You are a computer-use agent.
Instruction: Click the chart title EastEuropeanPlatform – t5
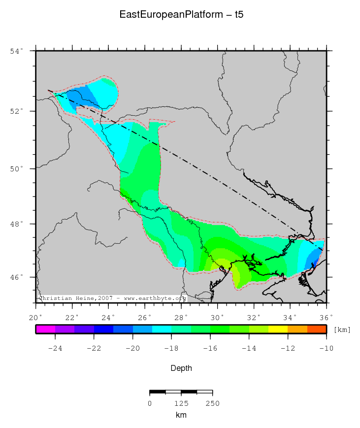pos(181,15)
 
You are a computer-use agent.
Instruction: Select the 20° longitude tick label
pos(36,317)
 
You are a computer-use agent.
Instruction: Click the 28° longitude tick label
pos(181,317)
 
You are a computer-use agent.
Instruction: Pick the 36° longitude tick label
pos(327,317)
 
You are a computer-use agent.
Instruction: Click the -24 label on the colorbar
pos(55,349)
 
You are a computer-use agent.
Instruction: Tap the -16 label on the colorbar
pos(210,349)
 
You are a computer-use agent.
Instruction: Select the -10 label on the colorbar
pos(326,349)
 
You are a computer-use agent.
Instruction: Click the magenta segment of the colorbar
pos(45,329)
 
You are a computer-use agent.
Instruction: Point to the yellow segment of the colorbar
pos(278,329)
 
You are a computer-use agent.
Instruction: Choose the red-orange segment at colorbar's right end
pos(317,329)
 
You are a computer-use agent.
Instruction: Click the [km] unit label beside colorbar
pos(342,329)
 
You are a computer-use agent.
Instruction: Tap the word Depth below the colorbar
pos(181,368)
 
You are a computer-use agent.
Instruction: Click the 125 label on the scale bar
pos(181,403)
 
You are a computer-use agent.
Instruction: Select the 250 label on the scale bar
pos(212,403)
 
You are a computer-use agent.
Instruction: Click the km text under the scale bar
pos(181,415)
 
